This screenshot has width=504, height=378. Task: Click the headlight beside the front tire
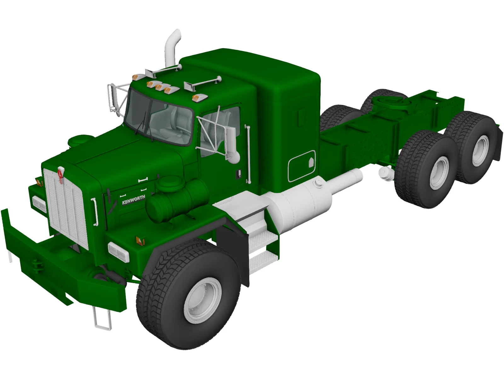(x=118, y=252)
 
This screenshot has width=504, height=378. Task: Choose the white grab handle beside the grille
(x=94, y=211)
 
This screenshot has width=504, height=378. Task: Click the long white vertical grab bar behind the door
(x=248, y=154)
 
